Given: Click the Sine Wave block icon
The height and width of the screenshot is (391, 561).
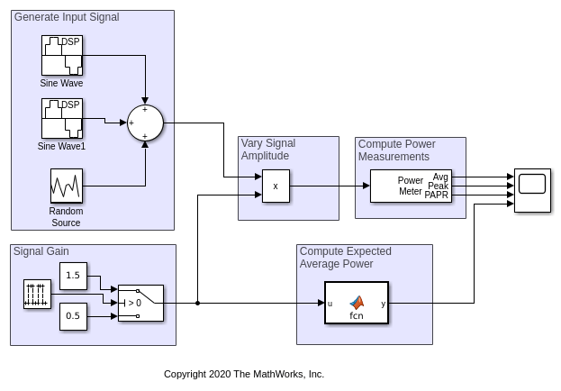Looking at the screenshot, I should [61, 56].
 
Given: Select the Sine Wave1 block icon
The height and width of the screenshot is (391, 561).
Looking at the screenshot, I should [61, 119].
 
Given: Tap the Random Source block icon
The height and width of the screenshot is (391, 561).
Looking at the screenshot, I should [66, 186].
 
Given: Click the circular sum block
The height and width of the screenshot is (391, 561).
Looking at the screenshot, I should [144, 123].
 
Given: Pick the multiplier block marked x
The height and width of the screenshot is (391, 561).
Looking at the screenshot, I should [276, 186].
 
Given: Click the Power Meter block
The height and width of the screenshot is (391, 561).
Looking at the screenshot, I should [411, 186].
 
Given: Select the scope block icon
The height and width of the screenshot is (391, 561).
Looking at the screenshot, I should [532, 186].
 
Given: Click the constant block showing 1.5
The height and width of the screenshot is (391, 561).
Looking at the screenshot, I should [73, 276].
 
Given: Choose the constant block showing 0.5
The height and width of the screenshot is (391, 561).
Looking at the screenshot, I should [73, 316].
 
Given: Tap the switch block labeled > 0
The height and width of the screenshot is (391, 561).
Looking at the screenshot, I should [140, 303].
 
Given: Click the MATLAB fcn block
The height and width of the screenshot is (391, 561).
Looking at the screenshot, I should [357, 303].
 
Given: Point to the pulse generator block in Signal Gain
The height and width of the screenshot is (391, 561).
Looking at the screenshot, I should [37, 295].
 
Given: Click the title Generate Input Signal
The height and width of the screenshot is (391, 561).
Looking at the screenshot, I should [67, 17].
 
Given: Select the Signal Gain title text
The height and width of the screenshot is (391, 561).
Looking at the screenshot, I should [41, 251].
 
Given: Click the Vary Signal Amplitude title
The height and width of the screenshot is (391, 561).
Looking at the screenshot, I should [268, 150].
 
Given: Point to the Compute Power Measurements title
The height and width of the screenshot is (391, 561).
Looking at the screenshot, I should [397, 150].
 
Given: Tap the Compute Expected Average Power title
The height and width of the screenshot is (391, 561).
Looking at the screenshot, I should [337, 258].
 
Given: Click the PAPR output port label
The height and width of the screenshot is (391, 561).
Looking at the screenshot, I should [437, 195].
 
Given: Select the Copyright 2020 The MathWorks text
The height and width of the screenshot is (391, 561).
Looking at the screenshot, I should [244, 374].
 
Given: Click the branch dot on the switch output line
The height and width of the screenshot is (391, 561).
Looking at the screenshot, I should [197, 304].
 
